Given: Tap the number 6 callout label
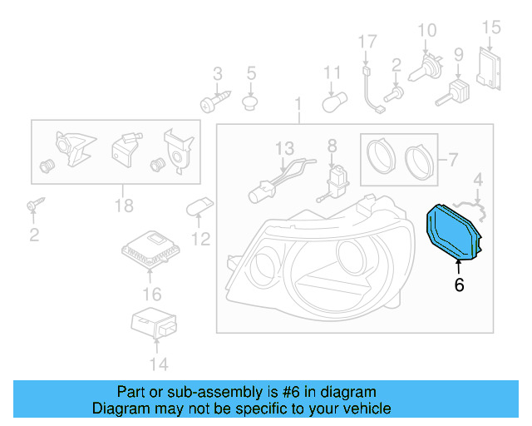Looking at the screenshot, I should click(459, 285).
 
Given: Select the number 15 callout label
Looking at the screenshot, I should click(491, 27).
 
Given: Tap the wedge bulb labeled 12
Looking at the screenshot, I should click(202, 207).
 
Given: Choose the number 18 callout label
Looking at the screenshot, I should click(122, 206).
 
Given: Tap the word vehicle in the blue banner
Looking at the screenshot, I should click(364, 409).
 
